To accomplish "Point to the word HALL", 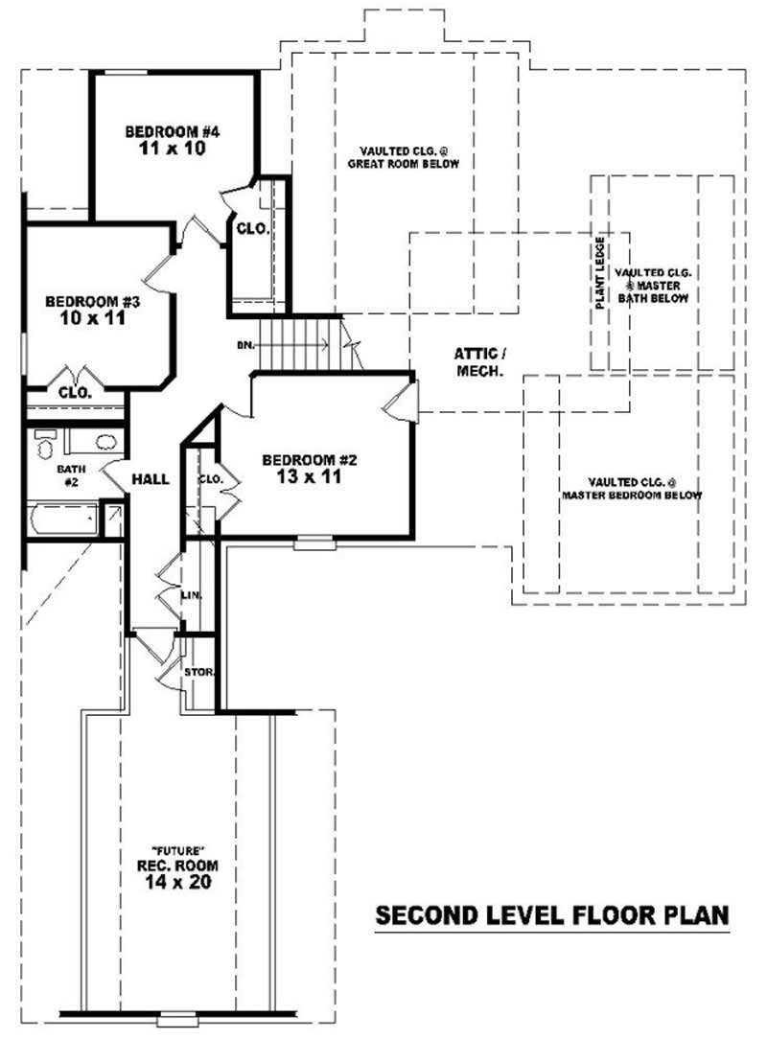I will pyautogui.click(x=151, y=478).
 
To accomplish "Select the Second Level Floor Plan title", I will pyautogui.click(x=551, y=914).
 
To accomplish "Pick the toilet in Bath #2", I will pyautogui.click(x=45, y=445).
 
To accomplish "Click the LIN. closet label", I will pyautogui.click(x=190, y=595).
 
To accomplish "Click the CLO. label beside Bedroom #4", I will pyautogui.click(x=252, y=230).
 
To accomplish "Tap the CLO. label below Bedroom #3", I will pyautogui.click(x=74, y=392).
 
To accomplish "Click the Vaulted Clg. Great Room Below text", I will pyautogui.click(x=404, y=157).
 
